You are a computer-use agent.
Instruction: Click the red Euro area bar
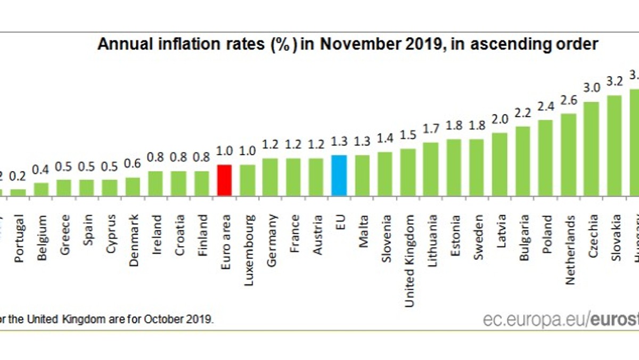(x=225, y=181)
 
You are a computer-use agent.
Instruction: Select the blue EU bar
(x=339, y=176)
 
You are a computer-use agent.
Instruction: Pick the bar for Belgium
(x=42, y=190)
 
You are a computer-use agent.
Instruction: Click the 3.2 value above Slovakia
(x=615, y=81)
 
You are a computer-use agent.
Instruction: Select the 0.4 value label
(x=41, y=170)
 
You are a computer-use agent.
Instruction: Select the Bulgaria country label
(x=522, y=230)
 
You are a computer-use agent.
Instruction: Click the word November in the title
(x=358, y=45)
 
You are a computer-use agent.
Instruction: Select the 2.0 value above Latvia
(x=499, y=120)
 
